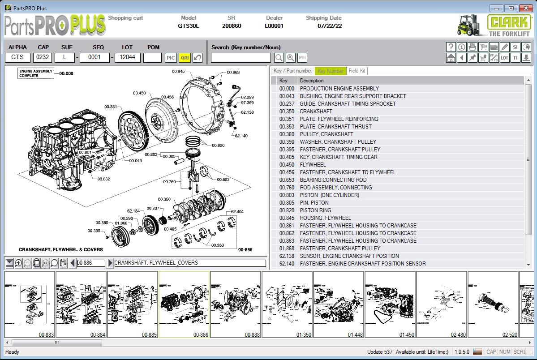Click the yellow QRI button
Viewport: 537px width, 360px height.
pos(184,58)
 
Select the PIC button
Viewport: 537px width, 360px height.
pos(171,58)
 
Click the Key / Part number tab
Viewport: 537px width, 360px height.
pos(292,71)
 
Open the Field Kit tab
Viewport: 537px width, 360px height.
pos(357,71)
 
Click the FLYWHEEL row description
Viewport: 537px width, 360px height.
pos(313,165)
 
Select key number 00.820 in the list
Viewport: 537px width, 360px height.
pos(287,210)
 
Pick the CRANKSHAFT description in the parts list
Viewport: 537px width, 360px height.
pos(316,111)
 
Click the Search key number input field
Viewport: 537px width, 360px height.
pos(241,58)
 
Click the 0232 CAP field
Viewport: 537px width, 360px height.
pos(43,57)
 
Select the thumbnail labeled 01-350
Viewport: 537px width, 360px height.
pos(287,304)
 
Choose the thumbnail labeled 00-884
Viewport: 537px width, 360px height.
pos(81,304)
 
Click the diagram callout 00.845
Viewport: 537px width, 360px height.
pos(178,72)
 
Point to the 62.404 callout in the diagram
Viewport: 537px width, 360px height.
pos(237,212)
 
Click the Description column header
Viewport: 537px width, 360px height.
pos(312,81)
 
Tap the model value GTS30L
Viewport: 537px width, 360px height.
pos(188,26)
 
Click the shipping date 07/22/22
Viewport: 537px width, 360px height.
pos(330,26)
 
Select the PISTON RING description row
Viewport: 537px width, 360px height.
pos(315,210)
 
